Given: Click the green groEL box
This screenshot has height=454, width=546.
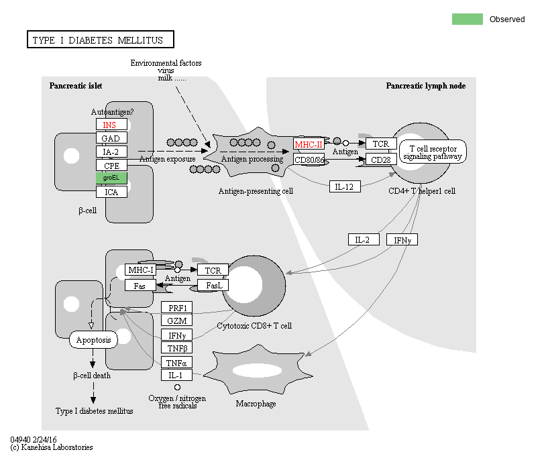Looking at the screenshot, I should pos(111,178).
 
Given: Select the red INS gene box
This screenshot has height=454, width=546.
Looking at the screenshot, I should pos(111,125).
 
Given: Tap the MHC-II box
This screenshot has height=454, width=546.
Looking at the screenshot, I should pos(309,144).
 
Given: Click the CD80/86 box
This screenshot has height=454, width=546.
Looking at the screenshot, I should pos(309,160).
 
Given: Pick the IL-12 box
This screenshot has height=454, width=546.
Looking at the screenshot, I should pos(345,186).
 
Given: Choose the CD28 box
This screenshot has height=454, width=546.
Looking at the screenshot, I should pos(381,160).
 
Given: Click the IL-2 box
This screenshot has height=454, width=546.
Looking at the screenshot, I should pos(364,239).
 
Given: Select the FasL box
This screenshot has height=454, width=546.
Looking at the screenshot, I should pos(213,286).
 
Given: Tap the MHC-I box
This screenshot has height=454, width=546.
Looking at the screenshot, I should pos(141,270).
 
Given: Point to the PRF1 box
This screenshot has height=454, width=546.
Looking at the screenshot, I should pos(177,308).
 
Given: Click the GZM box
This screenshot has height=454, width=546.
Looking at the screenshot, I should pos(177,321).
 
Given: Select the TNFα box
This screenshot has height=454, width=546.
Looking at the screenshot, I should pos(177,363).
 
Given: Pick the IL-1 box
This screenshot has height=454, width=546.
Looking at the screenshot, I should pos(177,376).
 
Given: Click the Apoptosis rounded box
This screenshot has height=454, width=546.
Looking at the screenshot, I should pos(93,339).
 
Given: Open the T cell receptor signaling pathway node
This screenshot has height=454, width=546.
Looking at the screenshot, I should pos(433,152).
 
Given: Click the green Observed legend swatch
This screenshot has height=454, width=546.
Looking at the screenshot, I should pos(468,19).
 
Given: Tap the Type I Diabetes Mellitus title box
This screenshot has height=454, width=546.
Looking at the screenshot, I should pos(100,40).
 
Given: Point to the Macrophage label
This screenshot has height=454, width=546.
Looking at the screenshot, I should pos(256,404).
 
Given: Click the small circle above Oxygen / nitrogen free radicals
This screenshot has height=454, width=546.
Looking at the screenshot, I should pos(177,388).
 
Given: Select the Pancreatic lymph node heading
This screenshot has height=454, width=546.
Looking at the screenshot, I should pos(425,86).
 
